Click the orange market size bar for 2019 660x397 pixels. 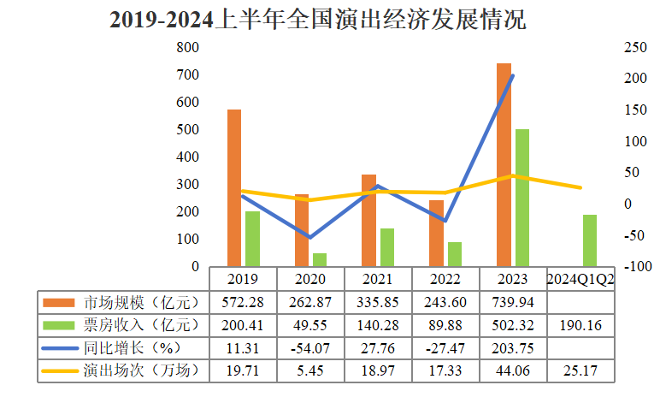point(233,188)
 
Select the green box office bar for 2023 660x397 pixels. point(522,198)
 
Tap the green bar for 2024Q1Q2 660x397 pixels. point(589,240)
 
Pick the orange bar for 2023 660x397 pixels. point(504,164)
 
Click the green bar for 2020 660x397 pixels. point(319,259)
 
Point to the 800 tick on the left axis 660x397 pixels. point(187,48)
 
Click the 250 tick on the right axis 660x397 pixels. point(633,48)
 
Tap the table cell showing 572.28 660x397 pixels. point(242,302)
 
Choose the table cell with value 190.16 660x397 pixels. point(581,325)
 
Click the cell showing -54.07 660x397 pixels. point(309,348)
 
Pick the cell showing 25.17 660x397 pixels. point(581,371)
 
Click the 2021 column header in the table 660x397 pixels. point(377,279)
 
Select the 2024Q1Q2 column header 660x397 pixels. point(581,279)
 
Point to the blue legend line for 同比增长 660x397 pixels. point(59,348)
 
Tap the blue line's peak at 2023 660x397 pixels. point(513,75)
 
